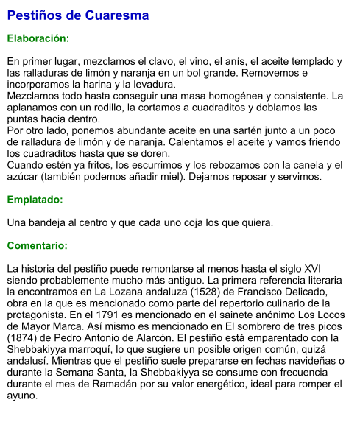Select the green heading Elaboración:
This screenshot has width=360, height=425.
point(38,38)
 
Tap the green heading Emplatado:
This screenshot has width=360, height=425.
point(35,200)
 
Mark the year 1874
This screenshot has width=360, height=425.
point(23,338)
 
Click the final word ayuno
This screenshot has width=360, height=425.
point(23,396)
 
